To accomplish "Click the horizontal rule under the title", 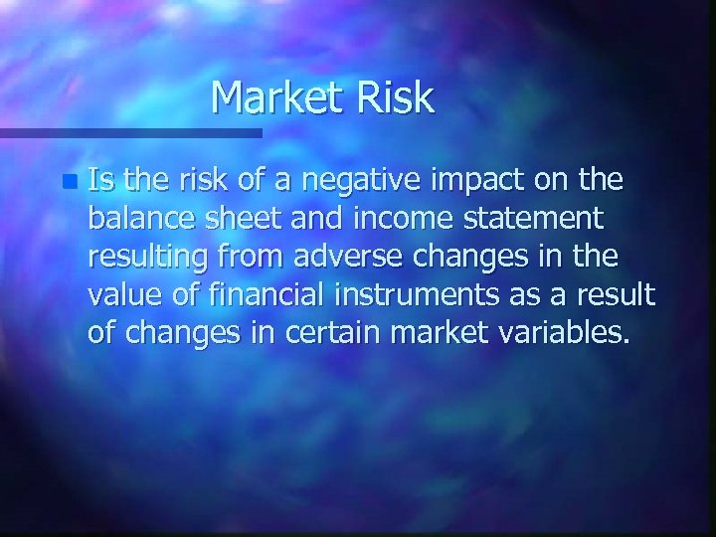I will (129, 132).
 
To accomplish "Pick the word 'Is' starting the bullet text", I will (99, 181).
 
